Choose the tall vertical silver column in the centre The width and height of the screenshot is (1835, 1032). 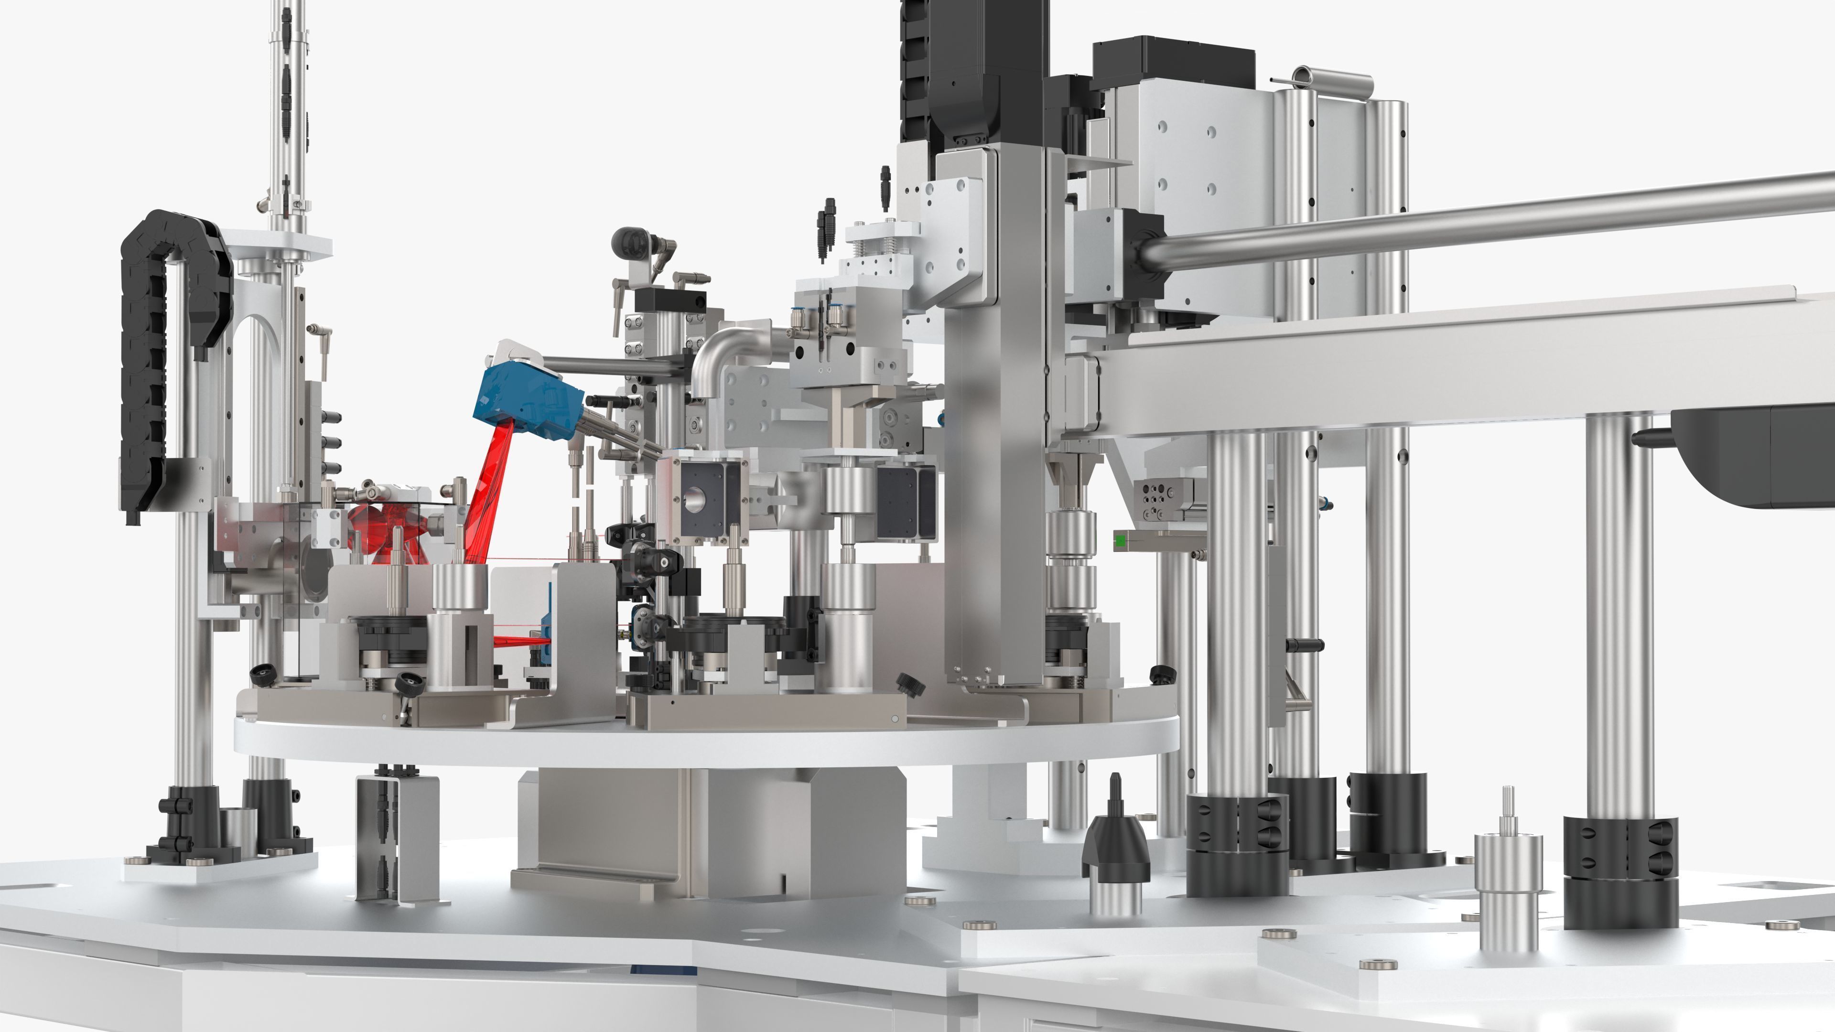(x=997, y=427)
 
